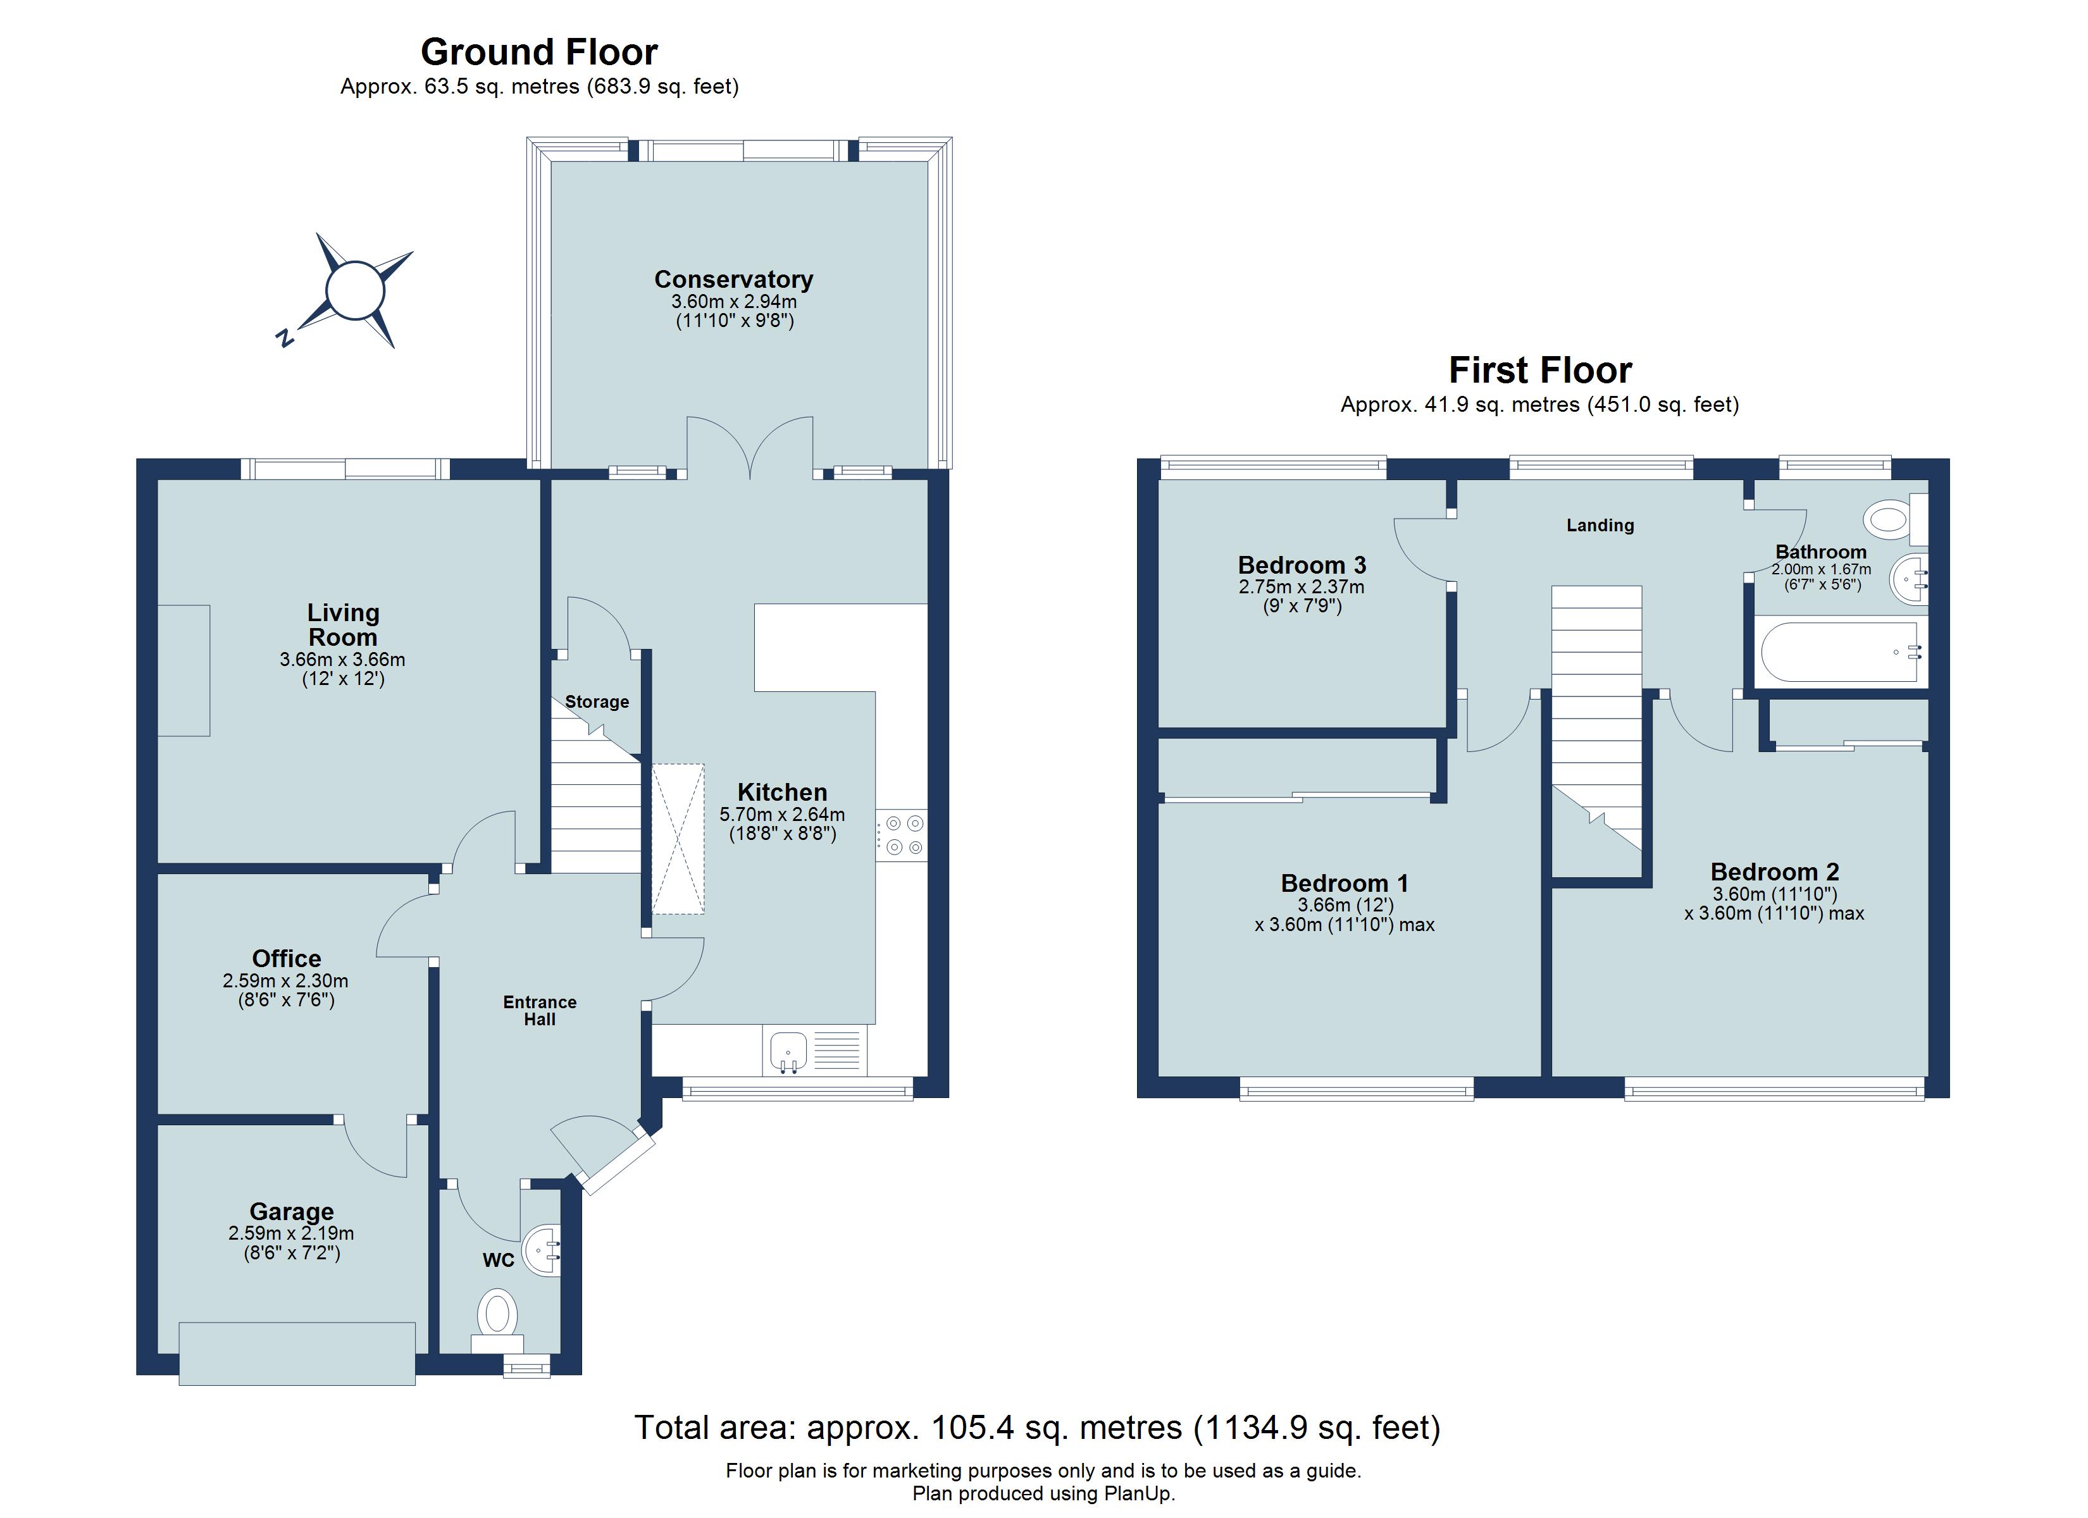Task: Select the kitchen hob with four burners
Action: [x=901, y=836]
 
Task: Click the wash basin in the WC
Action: [x=543, y=1250]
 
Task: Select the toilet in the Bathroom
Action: [x=1889, y=520]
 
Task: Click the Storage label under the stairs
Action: [x=597, y=701]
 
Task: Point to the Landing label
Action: [x=1600, y=525]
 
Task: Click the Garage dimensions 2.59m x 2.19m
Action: [x=291, y=1233]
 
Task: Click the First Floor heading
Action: [x=1539, y=370]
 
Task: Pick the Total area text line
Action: [x=1036, y=1428]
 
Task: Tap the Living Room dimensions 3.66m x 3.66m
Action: [x=342, y=660]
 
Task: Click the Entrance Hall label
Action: [x=540, y=1010]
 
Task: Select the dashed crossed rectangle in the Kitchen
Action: [x=678, y=839]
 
